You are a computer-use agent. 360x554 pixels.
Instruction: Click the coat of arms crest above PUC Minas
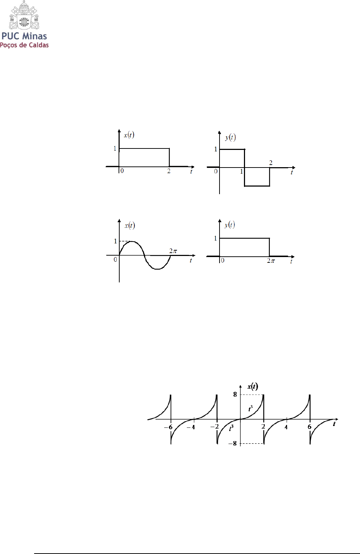(24, 16)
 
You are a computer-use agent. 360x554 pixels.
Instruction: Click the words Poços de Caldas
(24, 45)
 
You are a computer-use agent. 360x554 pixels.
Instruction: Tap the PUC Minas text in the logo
(24, 36)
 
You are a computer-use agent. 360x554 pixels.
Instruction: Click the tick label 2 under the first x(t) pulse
(169, 171)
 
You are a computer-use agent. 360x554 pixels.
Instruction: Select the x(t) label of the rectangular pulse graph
(129, 135)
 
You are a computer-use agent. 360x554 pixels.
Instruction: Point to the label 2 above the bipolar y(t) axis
(271, 163)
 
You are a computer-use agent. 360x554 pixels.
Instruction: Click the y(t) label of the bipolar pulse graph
(230, 137)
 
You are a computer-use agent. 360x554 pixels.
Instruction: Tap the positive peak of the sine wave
(132, 242)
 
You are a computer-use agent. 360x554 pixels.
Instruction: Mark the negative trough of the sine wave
(157, 269)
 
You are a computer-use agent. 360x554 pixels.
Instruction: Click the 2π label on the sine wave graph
(173, 251)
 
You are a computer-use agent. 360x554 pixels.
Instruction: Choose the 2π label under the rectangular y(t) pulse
(271, 261)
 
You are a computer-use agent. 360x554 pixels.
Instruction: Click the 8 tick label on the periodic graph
(235, 394)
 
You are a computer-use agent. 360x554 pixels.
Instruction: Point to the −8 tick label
(233, 443)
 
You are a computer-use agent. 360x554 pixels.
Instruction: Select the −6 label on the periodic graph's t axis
(168, 427)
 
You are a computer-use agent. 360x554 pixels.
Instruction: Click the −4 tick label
(191, 427)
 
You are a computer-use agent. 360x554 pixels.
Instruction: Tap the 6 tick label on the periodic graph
(309, 427)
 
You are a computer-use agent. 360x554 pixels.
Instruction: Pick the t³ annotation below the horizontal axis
(231, 428)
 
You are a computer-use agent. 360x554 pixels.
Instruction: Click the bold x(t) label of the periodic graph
(253, 387)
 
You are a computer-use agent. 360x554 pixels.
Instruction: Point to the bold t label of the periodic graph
(334, 424)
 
